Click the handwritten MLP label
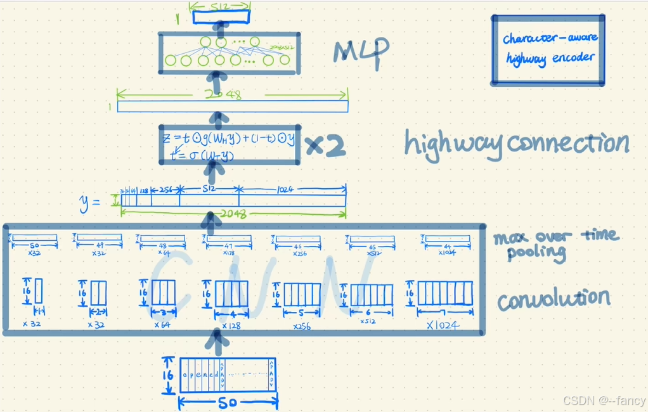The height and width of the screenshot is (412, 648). pos(361,53)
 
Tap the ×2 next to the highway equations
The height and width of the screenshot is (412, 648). pos(325,146)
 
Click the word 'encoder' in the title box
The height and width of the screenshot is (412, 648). pos(573,58)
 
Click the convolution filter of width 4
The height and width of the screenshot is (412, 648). pos(231,294)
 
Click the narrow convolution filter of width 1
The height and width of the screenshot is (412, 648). pos(39,291)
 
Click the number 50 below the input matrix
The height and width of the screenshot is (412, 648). pos(227,402)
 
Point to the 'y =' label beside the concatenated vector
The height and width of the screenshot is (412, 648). pos(90,202)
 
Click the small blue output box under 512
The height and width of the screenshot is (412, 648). pos(221,17)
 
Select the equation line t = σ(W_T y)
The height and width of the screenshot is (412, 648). pos(198,154)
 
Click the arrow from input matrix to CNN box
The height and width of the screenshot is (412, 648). pos(219,345)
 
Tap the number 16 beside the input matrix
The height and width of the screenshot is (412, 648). pos(169,375)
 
